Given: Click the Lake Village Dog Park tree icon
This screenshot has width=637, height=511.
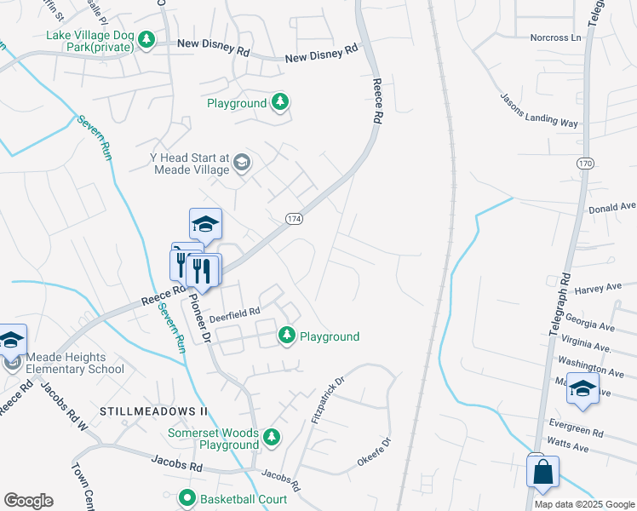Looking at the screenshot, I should pyautogui.click(x=146, y=40).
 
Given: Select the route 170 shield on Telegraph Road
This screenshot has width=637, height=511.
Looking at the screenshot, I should pyautogui.click(x=583, y=162).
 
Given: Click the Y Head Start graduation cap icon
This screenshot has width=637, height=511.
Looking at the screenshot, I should pyautogui.click(x=242, y=163).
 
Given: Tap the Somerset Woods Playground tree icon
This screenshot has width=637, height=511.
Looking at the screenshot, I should pyautogui.click(x=271, y=438).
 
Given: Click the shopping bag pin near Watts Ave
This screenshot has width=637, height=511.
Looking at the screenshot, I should pyautogui.click(x=542, y=472).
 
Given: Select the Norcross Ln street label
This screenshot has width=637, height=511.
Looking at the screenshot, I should pyautogui.click(x=554, y=37).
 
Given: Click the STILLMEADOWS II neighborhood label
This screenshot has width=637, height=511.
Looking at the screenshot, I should pyautogui.click(x=154, y=411).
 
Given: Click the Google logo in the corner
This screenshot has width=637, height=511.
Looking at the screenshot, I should pyautogui.click(x=28, y=501).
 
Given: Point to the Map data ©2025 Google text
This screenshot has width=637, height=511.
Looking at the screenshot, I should pyautogui.click(x=583, y=504).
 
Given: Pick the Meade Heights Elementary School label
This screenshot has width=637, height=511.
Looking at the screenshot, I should pyautogui.click(x=75, y=363).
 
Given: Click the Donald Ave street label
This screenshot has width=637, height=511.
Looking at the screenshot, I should pyautogui.click(x=611, y=207).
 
